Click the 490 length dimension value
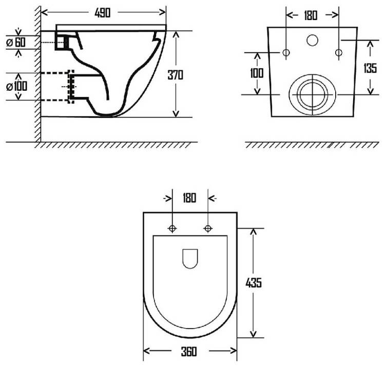coord(102,13)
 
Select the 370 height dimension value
coord(176,75)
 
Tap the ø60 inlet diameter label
coord(16,42)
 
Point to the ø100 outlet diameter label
coord(17,86)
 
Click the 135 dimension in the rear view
coord(370,68)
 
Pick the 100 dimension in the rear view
coord(257,73)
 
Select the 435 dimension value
coord(254,282)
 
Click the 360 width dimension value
coord(189,352)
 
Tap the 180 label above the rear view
coord(311,15)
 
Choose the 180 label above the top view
coord(189,198)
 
